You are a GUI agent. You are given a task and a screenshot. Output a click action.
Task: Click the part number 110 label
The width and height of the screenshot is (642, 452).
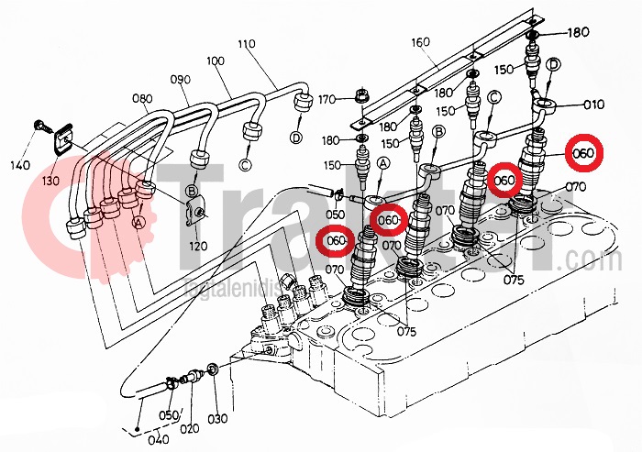tap(245, 45)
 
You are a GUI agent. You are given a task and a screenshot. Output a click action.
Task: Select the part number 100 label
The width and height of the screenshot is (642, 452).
tap(216, 61)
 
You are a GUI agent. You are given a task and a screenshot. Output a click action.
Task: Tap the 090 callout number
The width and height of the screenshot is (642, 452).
tap(180, 80)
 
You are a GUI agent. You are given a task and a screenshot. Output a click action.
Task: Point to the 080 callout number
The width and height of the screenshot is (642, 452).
tap(142, 97)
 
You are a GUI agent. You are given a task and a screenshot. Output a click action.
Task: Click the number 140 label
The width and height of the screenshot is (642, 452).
tap(20, 165)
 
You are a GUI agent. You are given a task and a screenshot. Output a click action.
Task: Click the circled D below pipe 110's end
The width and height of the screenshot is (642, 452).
tap(295, 138)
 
